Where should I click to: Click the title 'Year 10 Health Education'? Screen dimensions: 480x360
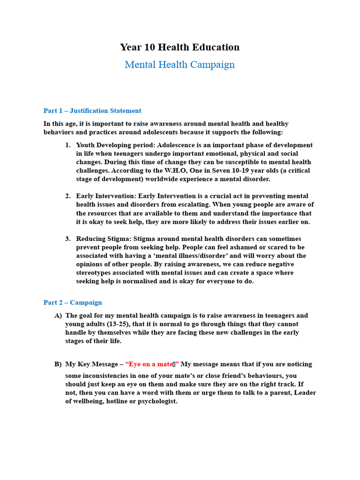pyautogui.click(x=180, y=47)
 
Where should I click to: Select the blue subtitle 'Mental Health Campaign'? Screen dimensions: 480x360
pyautogui.click(x=180, y=65)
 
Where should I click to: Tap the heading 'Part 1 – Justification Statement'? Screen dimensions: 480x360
pyautogui.click(x=92, y=111)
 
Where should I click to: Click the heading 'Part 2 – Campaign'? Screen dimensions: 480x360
pyautogui.click(x=73, y=303)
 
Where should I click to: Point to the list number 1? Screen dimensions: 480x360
pyautogui.click(x=68, y=145)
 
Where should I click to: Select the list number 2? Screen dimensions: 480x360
pyautogui.click(x=68, y=196)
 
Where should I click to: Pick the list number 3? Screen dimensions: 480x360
pyautogui.click(x=68, y=239)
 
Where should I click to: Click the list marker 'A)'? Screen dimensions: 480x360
pyautogui.click(x=58, y=316)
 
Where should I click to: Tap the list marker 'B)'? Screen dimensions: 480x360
pyautogui.click(x=58, y=364)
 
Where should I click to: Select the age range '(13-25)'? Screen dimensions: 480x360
pyautogui.click(x=119, y=324)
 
